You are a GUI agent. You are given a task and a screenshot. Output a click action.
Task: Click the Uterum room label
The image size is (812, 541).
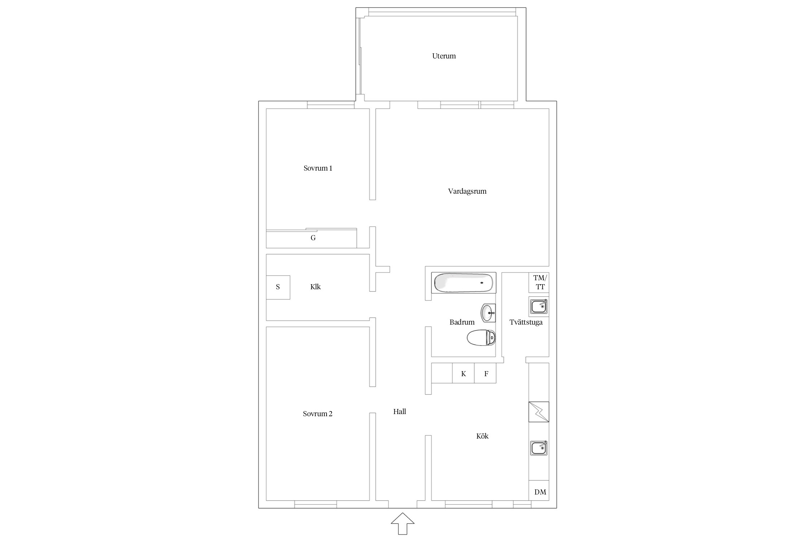click(x=444, y=56)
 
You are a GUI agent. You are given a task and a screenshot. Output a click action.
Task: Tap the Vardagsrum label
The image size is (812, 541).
click(x=467, y=192)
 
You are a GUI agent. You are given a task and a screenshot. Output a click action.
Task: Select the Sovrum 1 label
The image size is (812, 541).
click(x=318, y=168)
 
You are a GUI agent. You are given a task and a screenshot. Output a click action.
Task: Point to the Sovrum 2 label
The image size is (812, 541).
click(x=318, y=414)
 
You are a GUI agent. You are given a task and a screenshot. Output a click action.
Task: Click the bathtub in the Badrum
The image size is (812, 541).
click(x=464, y=283)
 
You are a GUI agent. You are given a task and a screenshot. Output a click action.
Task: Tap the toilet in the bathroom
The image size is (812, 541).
click(x=481, y=338)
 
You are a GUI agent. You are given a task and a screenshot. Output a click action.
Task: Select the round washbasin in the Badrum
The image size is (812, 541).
click(x=488, y=313)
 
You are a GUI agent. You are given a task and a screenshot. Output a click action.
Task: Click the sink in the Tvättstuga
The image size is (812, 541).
click(x=539, y=307)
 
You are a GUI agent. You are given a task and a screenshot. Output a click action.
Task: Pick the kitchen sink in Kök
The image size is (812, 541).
click(x=539, y=448)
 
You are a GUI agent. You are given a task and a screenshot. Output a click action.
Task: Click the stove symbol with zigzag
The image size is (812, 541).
click(x=539, y=412)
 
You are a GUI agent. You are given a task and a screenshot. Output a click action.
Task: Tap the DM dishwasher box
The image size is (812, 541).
click(x=539, y=491)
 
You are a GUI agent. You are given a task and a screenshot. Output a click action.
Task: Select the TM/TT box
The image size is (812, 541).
click(x=539, y=282)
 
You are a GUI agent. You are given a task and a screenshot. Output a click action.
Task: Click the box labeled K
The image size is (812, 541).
click(x=463, y=373)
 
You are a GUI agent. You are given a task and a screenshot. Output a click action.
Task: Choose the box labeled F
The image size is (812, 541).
click(x=485, y=373)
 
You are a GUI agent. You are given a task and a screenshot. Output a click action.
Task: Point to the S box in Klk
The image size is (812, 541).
click(x=278, y=287)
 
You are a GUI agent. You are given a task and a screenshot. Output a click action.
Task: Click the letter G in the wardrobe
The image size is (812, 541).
click(x=313, y=238)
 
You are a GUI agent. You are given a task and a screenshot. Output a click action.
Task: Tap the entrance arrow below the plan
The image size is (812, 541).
click(x=402, y=523)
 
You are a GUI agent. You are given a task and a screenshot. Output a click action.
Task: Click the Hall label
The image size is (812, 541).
click(x=400, y=412)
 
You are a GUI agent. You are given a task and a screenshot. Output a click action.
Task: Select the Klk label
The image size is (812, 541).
click(x=315, y=287)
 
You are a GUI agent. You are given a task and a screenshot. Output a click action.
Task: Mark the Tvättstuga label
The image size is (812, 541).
click(x=526, y=322)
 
